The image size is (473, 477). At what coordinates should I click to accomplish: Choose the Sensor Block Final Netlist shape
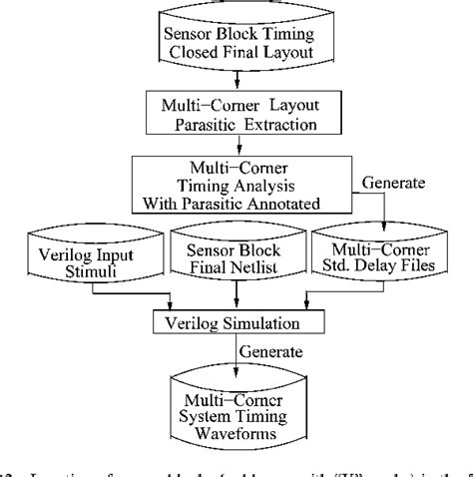coord(236,261)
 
